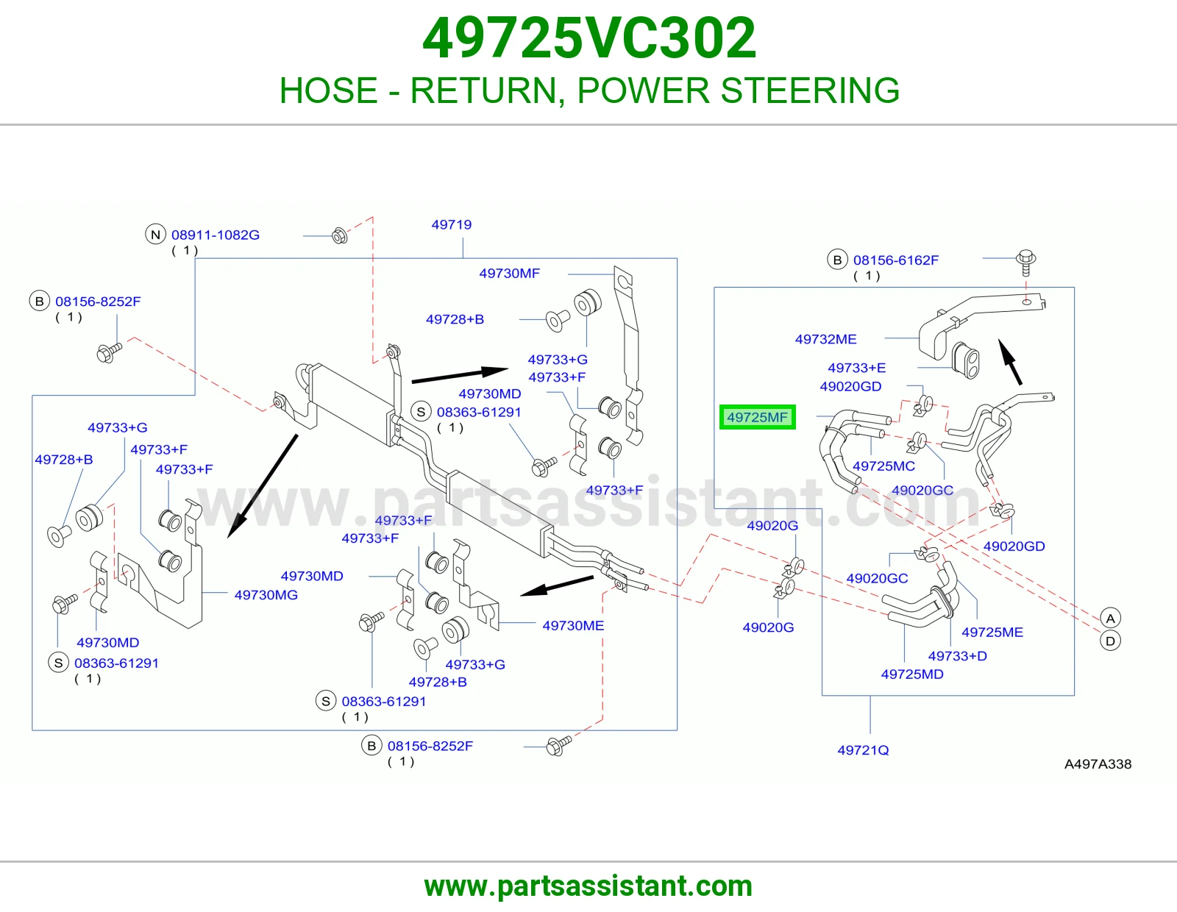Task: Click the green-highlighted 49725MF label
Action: point(757,417)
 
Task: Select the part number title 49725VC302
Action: point(588,38)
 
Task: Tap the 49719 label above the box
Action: point(451,225)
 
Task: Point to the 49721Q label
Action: point(863,750)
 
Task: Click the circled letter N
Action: point(155,235)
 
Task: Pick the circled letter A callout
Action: point(1110,619)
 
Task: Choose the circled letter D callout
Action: point(1110,641)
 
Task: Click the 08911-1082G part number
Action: point(216,235)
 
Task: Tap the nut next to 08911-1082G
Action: point(340,235)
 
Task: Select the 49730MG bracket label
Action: point(266,595)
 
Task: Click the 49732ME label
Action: point(825,339)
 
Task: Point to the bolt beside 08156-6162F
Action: point(1026,263)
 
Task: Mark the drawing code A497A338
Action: point(1098,764)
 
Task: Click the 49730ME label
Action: point(573,625)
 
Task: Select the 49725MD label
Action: point(912,674)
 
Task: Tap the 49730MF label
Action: point(509,274)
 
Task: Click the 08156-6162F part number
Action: point(896,260)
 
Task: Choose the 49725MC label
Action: point(883,466)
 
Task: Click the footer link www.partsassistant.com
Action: point(588,886)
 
